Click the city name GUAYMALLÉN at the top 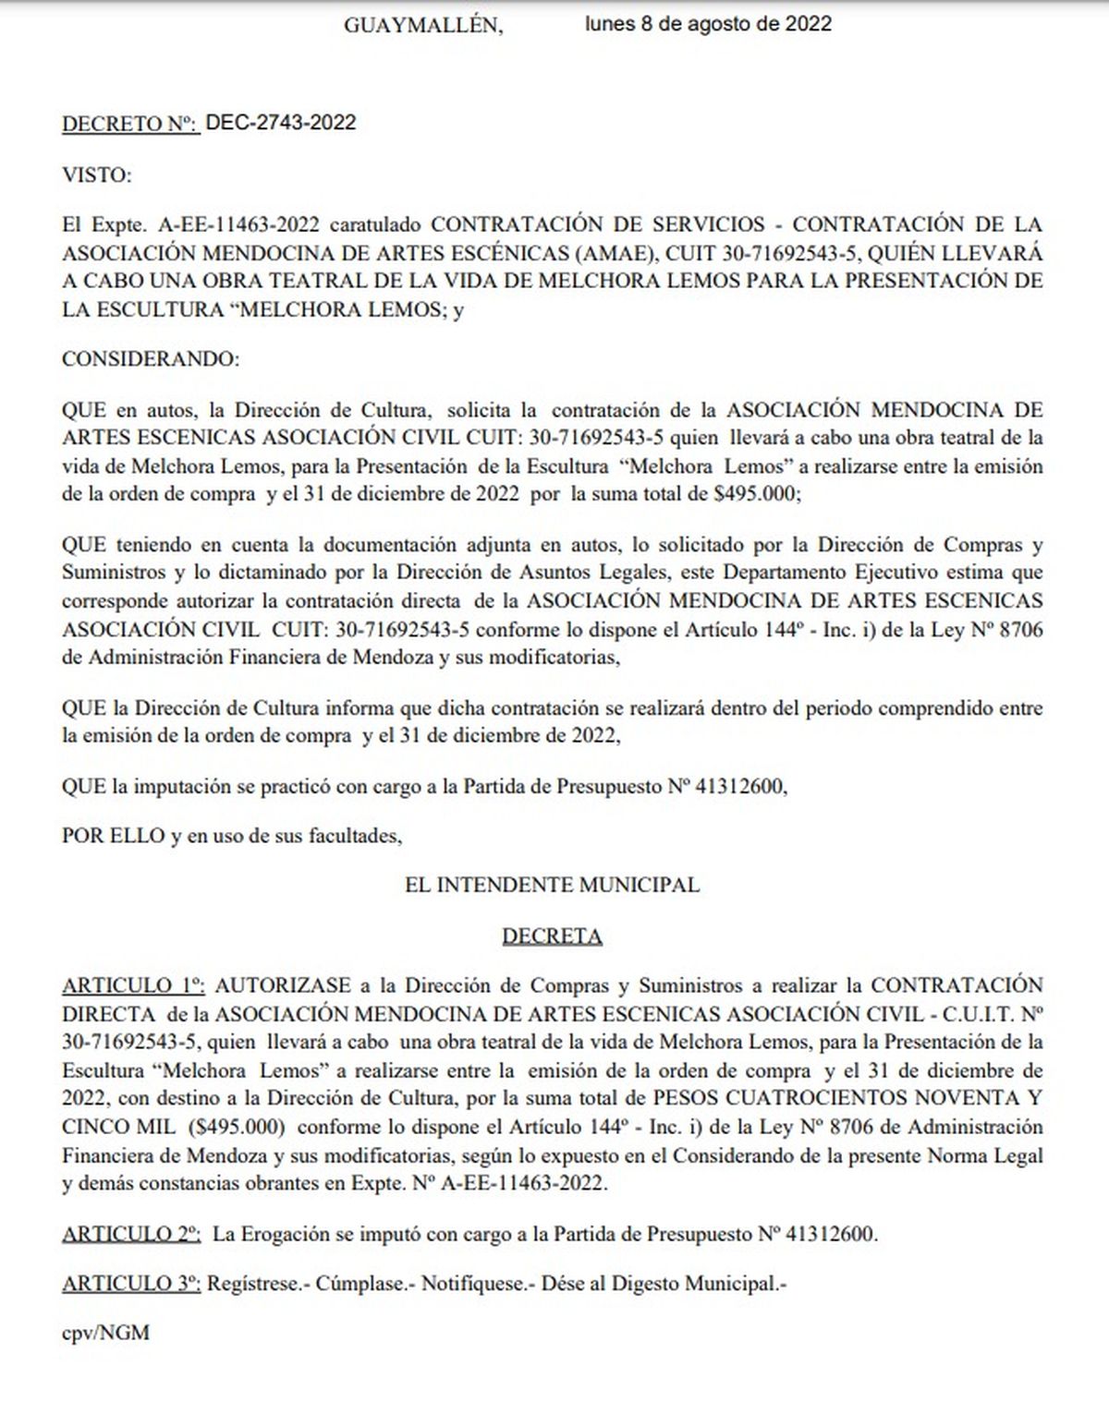tap(423, 25)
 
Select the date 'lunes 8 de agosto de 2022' tap(708, 24)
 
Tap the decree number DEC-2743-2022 tap(280, 123)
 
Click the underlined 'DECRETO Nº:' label tap(130, 124)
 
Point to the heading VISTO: tap(97, 174)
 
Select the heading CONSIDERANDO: tap(150, 359)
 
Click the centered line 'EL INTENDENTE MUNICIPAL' tap(552, 885)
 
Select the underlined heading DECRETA tap(552, 936)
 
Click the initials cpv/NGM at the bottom tap(105, 1333)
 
